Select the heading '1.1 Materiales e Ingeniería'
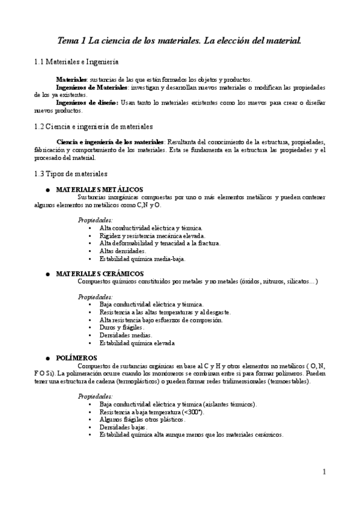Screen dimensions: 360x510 click(x=76, y=62)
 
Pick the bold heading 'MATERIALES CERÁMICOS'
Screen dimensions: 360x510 click(x=96, y=274)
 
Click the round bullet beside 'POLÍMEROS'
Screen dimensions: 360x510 click(x=47, y=358)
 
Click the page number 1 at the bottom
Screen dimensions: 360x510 click(x=324, y=472)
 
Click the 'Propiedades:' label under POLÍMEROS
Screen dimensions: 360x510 click(x=95, y=397)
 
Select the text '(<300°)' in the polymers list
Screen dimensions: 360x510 click(x=192, y=412)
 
